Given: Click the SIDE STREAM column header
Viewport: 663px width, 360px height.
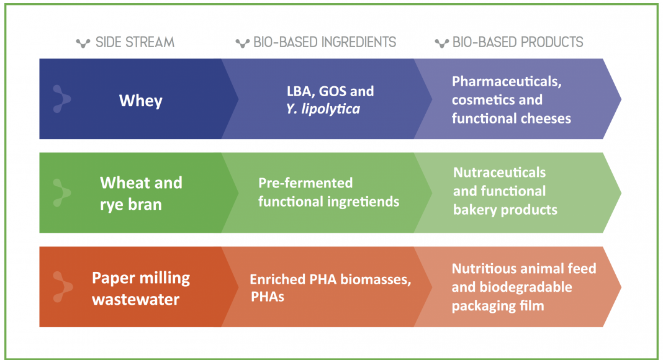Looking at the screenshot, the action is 135,42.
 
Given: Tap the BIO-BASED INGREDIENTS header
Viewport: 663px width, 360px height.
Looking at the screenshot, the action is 325,42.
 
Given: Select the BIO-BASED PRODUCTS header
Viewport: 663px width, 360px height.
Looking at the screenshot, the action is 518,42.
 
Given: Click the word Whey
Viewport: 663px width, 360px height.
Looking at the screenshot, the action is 141,101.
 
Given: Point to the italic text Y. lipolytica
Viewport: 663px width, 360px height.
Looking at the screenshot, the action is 323,109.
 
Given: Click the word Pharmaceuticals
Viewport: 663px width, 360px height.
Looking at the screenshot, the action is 507,81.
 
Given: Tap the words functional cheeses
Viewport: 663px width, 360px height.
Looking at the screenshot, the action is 511,119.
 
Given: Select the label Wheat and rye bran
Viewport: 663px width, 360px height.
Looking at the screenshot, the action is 141,194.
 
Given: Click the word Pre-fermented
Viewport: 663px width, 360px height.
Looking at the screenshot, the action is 305,183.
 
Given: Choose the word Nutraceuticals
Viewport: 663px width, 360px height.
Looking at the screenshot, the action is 499,173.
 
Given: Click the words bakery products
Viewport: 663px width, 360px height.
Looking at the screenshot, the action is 505,210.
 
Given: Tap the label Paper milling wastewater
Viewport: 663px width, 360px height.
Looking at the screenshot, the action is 141,289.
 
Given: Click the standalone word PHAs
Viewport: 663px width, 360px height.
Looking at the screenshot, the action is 268,297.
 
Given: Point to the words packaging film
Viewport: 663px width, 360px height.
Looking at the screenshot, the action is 498,306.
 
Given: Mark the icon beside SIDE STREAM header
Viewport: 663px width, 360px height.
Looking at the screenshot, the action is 83,43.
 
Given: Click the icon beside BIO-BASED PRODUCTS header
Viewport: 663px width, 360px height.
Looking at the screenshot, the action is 442,43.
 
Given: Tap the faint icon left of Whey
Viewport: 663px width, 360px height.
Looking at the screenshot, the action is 61,99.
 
